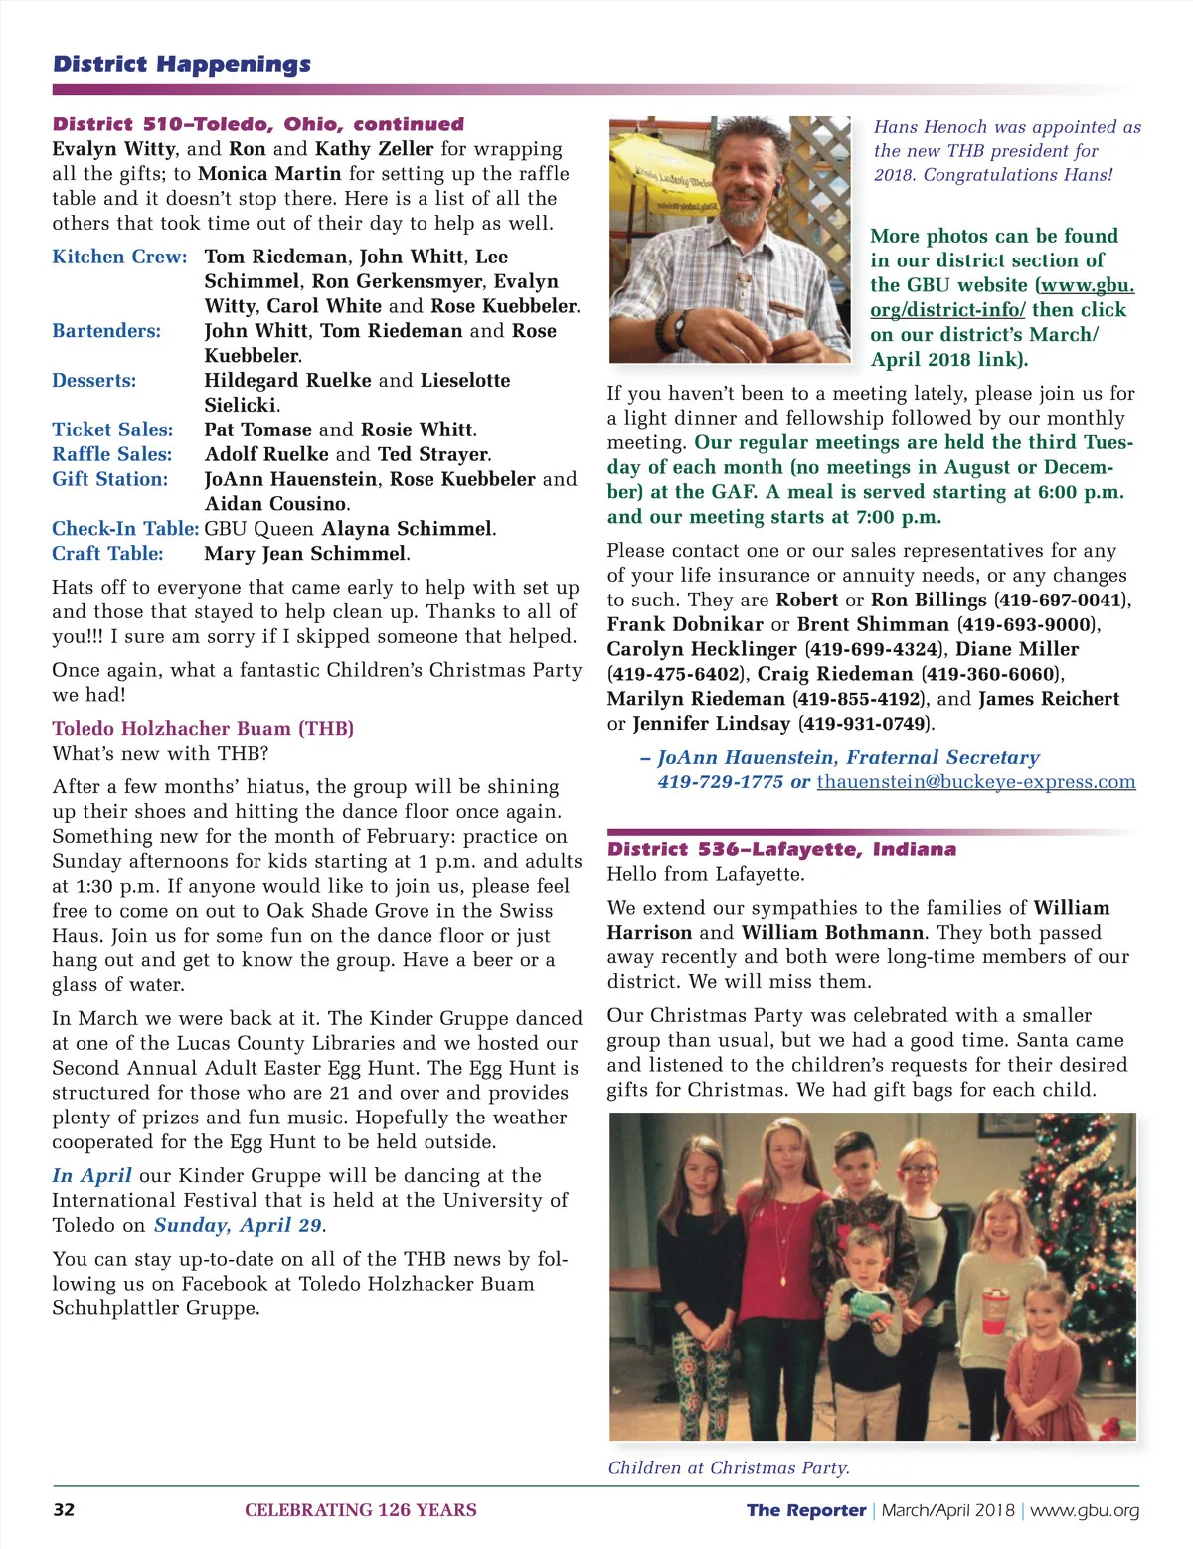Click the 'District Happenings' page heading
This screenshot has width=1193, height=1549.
[x=182, y=65]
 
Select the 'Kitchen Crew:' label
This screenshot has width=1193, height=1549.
[x=119, y=257]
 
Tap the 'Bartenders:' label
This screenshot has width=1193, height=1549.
[x=106, y=331]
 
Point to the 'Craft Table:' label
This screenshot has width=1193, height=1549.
[x=107, y=554]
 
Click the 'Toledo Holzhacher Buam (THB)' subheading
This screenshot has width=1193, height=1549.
[x=203, y=728]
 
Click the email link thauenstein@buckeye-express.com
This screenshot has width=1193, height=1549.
[x=975, y=781]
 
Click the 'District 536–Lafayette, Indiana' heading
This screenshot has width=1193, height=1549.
[x=781, y=849]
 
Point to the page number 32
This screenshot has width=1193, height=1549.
[x=64, y=1510]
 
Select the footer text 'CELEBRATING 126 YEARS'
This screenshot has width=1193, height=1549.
[x=361, y=1510]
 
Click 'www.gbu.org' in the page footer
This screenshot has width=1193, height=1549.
[x=1085, y=1510]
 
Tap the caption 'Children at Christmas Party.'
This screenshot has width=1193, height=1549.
[x=729, y=1467]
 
